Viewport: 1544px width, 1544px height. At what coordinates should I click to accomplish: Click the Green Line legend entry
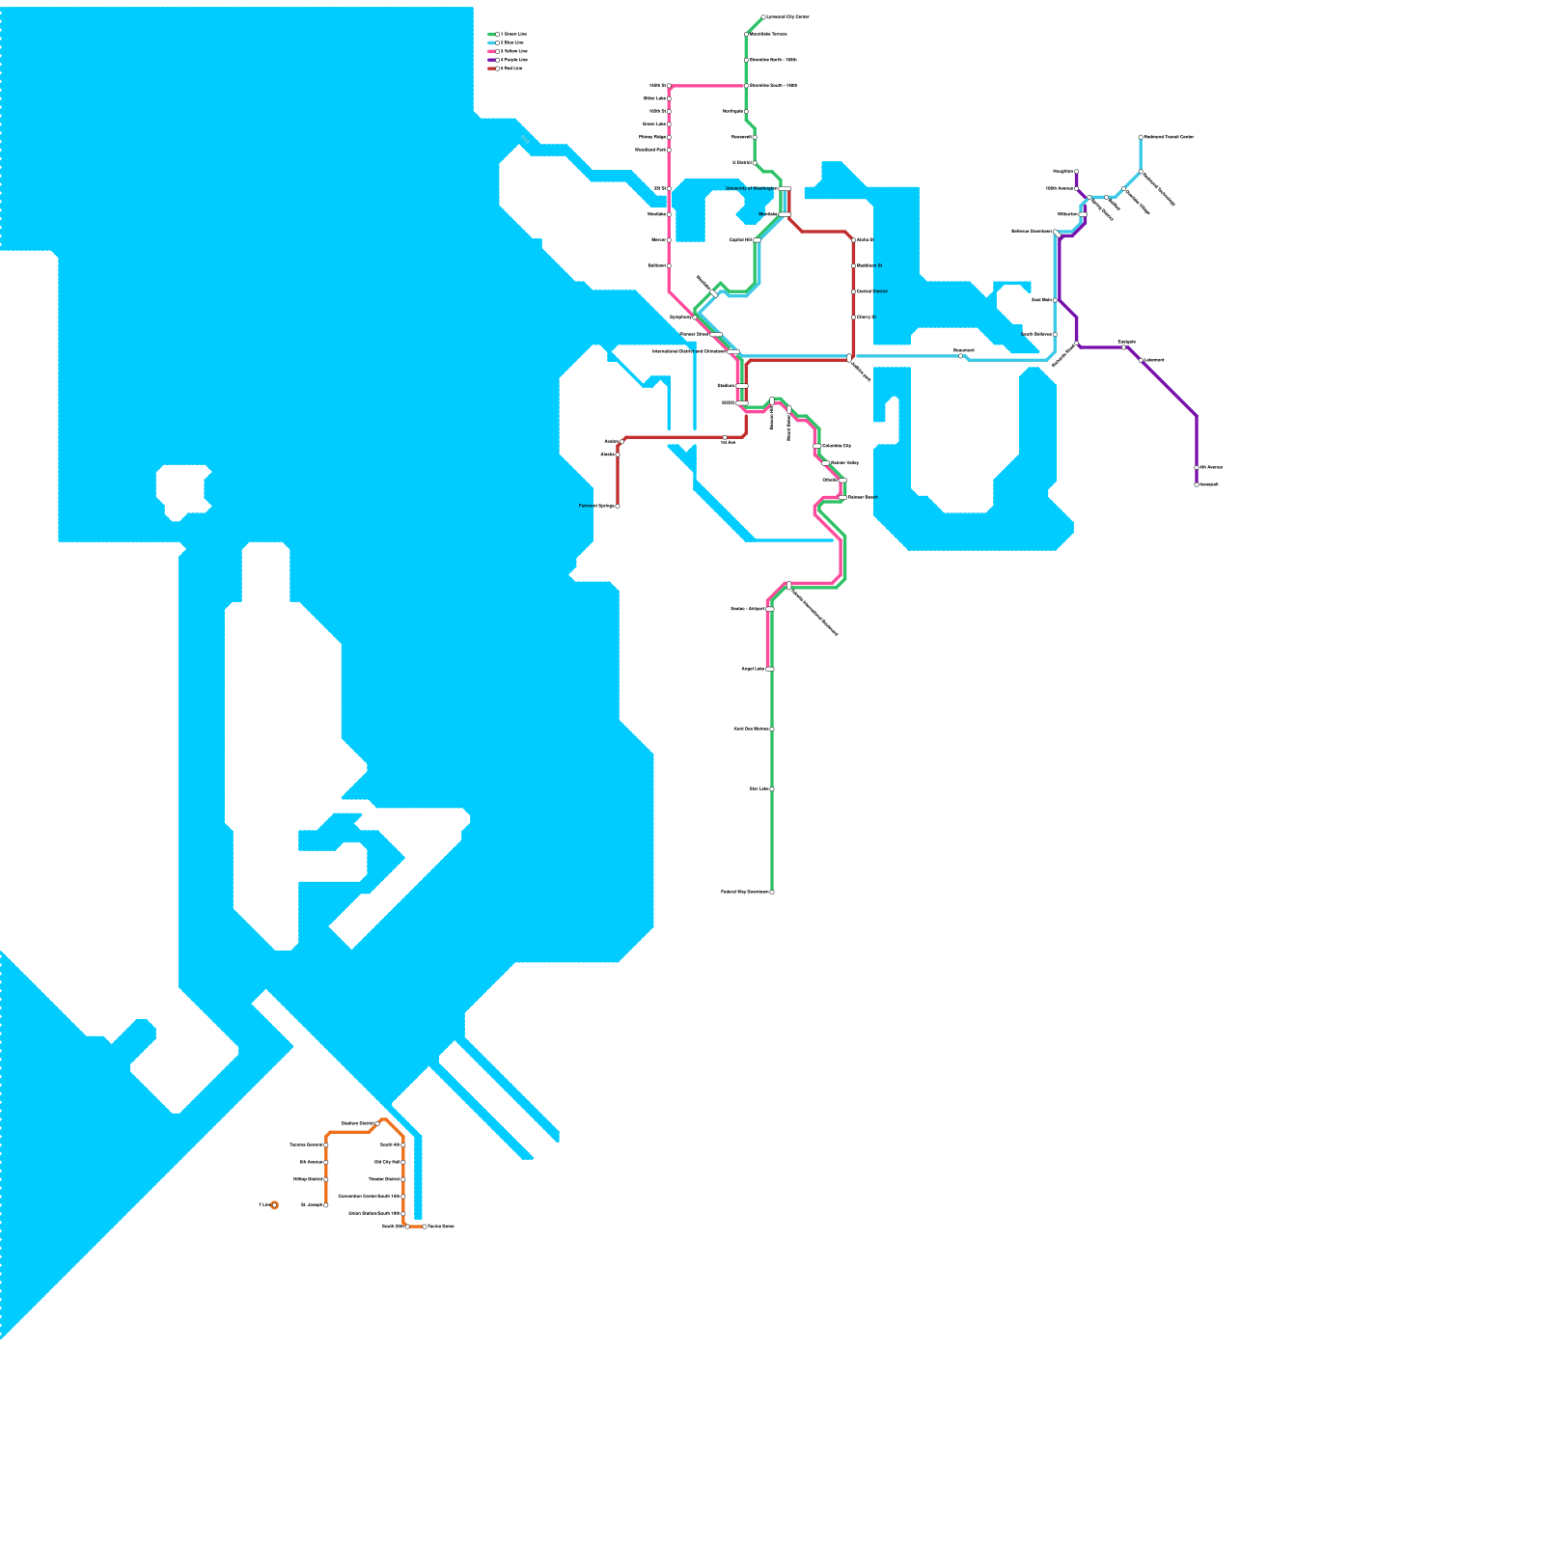[x=509, y=34]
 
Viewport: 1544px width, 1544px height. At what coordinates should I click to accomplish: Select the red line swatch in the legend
[x=491, y=69]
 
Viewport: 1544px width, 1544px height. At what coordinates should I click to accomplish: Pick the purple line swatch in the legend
[x=491, y=60]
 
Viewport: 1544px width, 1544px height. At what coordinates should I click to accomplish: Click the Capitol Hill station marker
[x=758, y=239]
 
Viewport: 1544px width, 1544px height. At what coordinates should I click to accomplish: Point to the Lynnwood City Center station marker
[x=763, y=17]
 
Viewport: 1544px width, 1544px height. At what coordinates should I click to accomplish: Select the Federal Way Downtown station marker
[x=772, y=892]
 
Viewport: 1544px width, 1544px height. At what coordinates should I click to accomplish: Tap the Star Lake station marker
[x=772, y=788]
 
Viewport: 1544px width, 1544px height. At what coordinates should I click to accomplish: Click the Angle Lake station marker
[x=770, y=669]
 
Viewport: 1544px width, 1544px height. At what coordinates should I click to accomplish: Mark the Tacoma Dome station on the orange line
[x=425, y=1227]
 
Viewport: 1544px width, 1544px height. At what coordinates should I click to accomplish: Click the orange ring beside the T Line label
[x=274, y=1205]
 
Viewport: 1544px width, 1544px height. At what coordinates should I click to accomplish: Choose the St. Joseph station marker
[x=326, y=1205]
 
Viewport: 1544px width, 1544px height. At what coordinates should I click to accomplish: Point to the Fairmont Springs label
[x=595, y=506]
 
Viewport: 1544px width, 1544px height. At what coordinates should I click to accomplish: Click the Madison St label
[x=868, y=265]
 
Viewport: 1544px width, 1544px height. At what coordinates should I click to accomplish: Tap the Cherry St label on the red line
[x=865, y=317]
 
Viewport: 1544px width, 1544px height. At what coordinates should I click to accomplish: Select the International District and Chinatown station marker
[x=733, y=352]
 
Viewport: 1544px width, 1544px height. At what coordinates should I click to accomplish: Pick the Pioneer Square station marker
[x=716, y=334]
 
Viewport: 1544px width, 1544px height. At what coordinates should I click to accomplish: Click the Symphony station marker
[x=694, y=317]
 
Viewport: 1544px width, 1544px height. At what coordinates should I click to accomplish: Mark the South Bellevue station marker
[x=1055, y=334]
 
